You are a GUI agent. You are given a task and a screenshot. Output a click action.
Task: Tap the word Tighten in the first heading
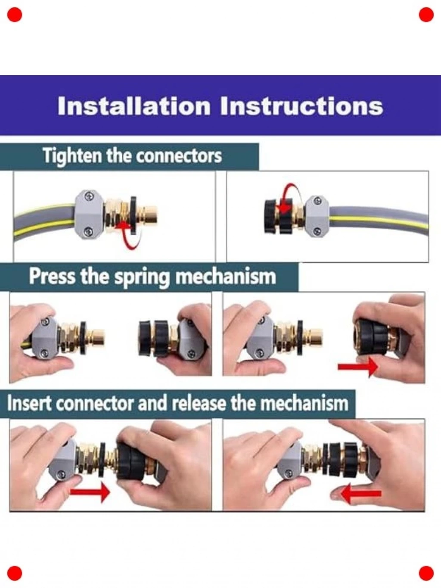72,156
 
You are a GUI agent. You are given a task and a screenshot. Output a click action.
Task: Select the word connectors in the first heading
179,156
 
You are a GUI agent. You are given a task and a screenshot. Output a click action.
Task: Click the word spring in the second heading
143,277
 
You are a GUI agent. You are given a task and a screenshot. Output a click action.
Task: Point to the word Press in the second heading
53,276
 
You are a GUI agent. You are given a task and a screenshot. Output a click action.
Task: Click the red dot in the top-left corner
15,15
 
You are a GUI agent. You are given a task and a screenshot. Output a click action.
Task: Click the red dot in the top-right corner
426,15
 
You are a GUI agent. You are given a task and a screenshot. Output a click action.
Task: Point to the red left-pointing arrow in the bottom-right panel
361,493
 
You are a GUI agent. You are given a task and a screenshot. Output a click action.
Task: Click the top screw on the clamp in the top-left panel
88,196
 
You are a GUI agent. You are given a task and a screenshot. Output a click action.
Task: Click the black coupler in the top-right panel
276,216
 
